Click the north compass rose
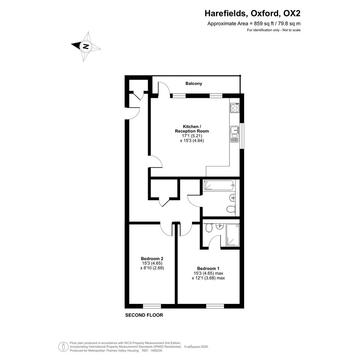tap(85, 46)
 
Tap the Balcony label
tap(194, 83)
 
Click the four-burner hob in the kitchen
tap(235, 108)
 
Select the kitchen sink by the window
tap(235, 134)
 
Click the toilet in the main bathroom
tap(231, 209)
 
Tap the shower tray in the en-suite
tap(233, 235)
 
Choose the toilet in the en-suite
tap(209, 228)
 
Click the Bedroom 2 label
tap(152, 259)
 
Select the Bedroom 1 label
tap(208, 269)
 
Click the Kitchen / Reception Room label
tap(192, 129)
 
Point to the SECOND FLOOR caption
tap(144, 315)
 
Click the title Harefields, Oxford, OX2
tap(253, 13)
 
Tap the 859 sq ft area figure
tap(264, 23)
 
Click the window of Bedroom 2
tap(152, 306)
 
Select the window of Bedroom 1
tap(215, 306)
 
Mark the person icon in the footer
tap(63, 347)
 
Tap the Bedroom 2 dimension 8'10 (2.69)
tap(152, 268)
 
